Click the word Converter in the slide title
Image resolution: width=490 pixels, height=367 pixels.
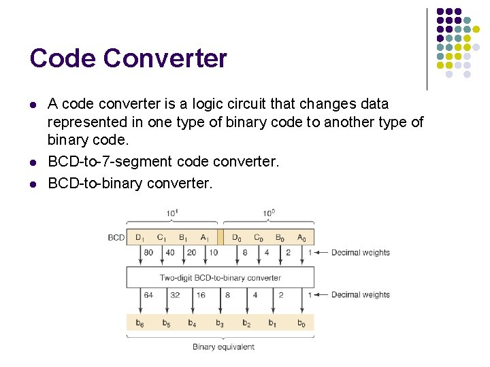[x=165, y=58]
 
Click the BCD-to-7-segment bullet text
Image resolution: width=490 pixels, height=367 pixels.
[x=163, y=162]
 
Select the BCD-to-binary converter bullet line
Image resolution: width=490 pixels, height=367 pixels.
[x=130, y=183]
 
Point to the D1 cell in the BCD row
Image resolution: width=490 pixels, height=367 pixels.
[x=140, y=238]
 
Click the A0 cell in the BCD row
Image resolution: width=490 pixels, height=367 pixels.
[x=301, y=238]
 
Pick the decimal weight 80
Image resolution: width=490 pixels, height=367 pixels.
[x=148, y=253]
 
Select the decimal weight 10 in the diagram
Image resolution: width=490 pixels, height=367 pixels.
[x=212, y=253]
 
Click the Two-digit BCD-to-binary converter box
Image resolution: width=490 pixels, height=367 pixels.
[x=220, y=277]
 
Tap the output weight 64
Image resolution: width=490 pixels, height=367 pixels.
[x=148, y=295]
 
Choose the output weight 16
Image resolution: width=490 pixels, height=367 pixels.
[x=200, y=295]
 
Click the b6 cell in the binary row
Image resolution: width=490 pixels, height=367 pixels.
[x=140, y=324]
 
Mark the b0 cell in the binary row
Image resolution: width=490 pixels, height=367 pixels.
[x=301, y=324]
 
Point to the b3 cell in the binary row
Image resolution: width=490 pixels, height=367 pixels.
[x=220, y=324]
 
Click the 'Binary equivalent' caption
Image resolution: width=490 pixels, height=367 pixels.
[x=223, y=347]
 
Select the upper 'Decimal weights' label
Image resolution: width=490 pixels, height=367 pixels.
[x=360, y=253]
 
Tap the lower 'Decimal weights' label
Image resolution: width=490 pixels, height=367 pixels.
[x=360, y=295]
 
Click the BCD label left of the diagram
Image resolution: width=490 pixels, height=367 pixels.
[x=116, y=238]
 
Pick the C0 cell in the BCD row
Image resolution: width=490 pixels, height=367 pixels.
[x=258, y=238]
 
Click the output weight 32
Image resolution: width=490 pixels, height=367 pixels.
[x=174, y=295]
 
